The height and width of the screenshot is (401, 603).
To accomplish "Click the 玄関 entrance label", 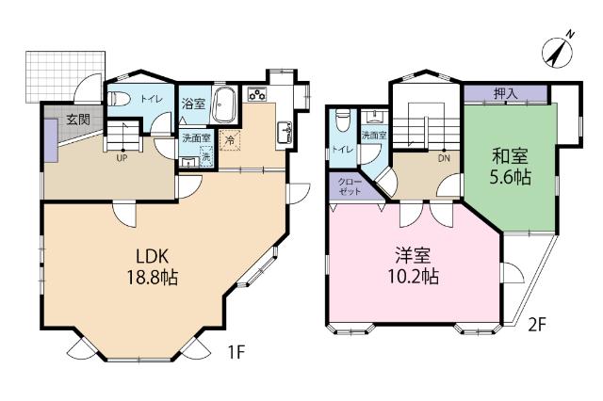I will pos(78,120).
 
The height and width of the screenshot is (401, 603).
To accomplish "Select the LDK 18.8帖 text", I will pos(150,266).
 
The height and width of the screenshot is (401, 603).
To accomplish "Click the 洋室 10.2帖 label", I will pos(416,266).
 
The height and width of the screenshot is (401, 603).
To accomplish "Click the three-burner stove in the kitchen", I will pos(256,94).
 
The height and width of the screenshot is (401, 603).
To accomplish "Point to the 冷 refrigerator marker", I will pos(230,141).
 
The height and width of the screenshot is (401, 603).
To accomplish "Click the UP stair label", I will pos(122,158).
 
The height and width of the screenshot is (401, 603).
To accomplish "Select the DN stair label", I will pos(444,158).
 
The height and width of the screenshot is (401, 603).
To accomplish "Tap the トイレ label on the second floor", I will pos(338,149).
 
